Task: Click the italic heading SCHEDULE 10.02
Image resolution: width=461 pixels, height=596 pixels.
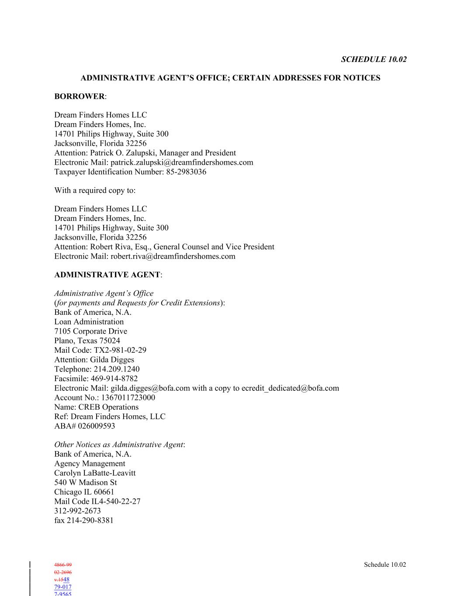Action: pyautogui.click(x=374, y=59)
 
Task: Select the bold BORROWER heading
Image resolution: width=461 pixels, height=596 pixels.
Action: pyautogui.click(x=80, y=96)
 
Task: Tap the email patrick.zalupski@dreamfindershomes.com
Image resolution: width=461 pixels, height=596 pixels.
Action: pyautogui.click(x=182, y=162)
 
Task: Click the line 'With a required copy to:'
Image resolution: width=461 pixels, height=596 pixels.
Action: pyautogui.click(x=95, y=190)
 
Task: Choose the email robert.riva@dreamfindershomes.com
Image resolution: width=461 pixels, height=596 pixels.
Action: pyautogui.click(x=173, y=256)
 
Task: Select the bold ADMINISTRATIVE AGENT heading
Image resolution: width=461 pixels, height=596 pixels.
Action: pyautogui.click(x=107, y=275)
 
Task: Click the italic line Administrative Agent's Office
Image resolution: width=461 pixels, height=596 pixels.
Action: pyautogui.click(x=104, y=293)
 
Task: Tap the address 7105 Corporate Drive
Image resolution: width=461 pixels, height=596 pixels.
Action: pyautogui.click(x=90, y=331)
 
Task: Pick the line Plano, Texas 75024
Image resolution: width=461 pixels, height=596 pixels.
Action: pyautogui.click(x=87, y=341)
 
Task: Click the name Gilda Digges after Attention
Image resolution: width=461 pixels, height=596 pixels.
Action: pyautogui.click(x=112, y=360)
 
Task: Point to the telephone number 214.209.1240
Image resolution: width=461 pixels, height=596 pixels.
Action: pyautogui.click(x=117, y=369)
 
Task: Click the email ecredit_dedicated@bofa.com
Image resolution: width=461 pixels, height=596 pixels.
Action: pyautogui.click(x=290, y=388)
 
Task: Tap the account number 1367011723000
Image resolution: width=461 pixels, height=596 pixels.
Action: pyautogui.click(x=128, y=398)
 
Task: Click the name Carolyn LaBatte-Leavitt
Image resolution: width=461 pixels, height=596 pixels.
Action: pyautogui.click(x=95, y=473)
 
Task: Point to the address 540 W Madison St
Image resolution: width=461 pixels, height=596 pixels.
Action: pyautogui.click(x=85, y=482)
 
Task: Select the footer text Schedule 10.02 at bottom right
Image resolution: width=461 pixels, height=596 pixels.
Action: pyautogui.click(x=385, y=565)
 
